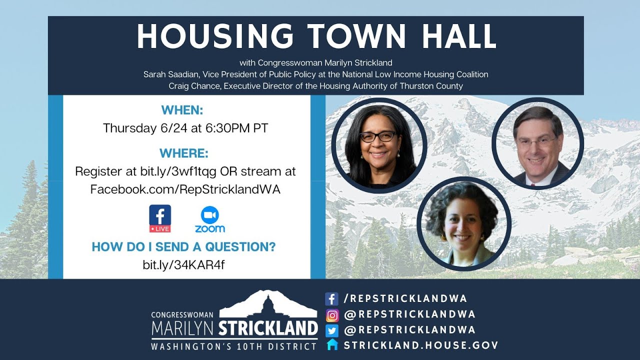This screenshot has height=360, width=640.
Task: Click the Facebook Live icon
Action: (x=160, y=218)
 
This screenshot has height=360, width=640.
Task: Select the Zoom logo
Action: (x=209, y=219)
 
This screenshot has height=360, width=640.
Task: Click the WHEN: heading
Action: (x=182, y=110)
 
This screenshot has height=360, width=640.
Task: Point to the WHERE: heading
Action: (x=183, y=153)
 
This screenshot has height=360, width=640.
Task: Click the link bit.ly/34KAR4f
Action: (x=183, y=264)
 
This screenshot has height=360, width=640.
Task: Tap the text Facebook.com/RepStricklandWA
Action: (x=185, y=189)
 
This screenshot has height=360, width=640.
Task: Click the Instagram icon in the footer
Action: (x=332, y=315)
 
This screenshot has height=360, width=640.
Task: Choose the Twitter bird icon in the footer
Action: (x=332, y=330)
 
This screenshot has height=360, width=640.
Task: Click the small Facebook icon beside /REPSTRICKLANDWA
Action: (x=331, y=299)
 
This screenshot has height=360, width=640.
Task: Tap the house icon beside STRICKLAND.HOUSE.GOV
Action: (x=332, y=345)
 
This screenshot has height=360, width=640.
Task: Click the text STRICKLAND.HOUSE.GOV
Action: (x=421, y=345)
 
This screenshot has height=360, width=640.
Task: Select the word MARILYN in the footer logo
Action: (x=183, y=328)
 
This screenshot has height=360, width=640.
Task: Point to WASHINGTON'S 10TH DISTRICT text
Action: (x=234, y=346)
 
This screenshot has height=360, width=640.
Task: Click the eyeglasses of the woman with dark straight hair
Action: (x=378, y=136)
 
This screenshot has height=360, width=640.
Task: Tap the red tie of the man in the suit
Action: (x=532, y=184)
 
